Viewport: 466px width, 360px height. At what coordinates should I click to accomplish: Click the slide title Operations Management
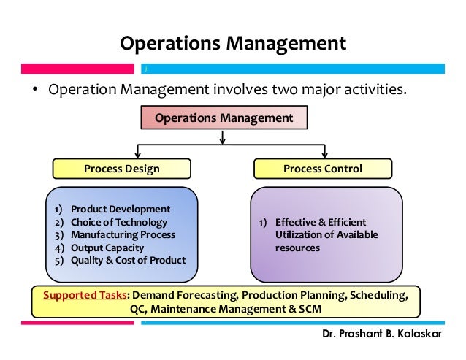coord(233,43)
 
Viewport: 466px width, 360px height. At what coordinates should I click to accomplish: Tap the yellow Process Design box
coord(121,169)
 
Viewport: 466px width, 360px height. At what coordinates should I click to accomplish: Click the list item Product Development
coord(121,209)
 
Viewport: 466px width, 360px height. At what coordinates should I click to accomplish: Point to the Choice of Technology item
coord(119,222)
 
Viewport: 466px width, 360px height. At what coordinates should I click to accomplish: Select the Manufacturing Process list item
coord(123,234)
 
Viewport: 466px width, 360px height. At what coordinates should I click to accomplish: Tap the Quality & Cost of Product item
coord(128,260)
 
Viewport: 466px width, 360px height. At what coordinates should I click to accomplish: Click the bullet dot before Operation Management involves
coord(34,92)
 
